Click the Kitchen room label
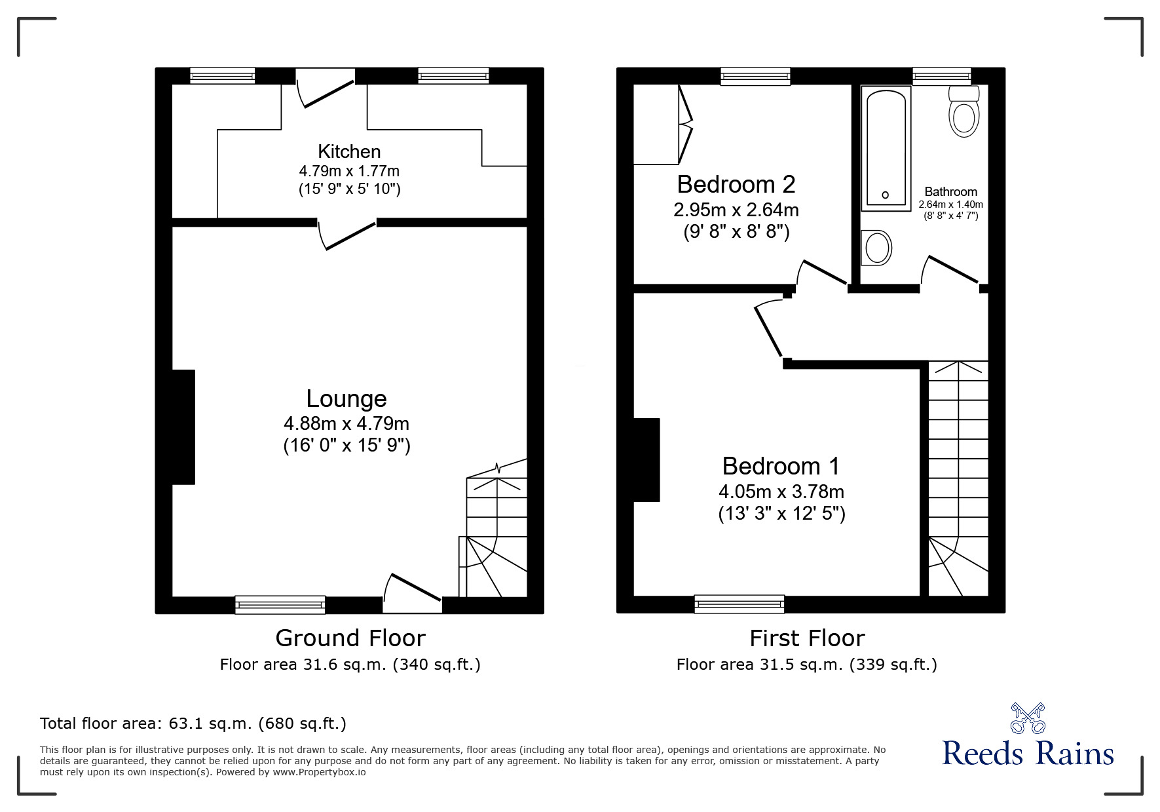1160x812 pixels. click(x=349, y=151)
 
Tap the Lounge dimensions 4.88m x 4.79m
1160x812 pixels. click(x=346, y=423)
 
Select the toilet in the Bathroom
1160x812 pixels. click(x=963, y=115)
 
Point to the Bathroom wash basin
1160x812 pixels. click(x=876, y=248)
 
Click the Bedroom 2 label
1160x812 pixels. click(x=736, y=184)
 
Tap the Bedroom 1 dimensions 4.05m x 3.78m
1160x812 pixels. click(x=781, y=492)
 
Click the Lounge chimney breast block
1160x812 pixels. click(x=183, y=427)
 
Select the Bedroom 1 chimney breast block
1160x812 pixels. click(x=646, y=459)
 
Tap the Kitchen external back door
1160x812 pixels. click(x=326, y=92)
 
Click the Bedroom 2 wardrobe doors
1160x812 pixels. click(x=685, y=125)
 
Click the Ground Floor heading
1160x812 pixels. click(x=350, y=638)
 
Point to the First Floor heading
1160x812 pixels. click(x=806, y=638)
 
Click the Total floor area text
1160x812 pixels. click(x=193, y=724)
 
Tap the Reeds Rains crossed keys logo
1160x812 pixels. click(x=1027, y=718)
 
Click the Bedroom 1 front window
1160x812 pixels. click(x=739, y=604)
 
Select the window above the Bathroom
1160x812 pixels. click(x=941, y=76)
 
